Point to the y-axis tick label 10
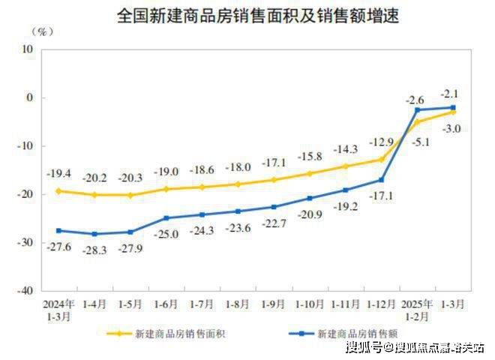[28, 49]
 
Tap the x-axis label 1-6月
[166, 305]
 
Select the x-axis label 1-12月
[381, 305]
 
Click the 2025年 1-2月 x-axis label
[417, 310]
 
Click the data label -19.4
[58, 173]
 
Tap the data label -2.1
[450, 94]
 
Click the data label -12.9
[381, 142]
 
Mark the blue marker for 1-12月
[382, 180]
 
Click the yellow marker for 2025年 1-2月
[417, 121]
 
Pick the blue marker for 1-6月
[166, 218]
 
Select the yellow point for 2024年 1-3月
[58, 190]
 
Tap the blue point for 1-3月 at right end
[453, 108]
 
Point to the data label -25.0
[166, 235]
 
